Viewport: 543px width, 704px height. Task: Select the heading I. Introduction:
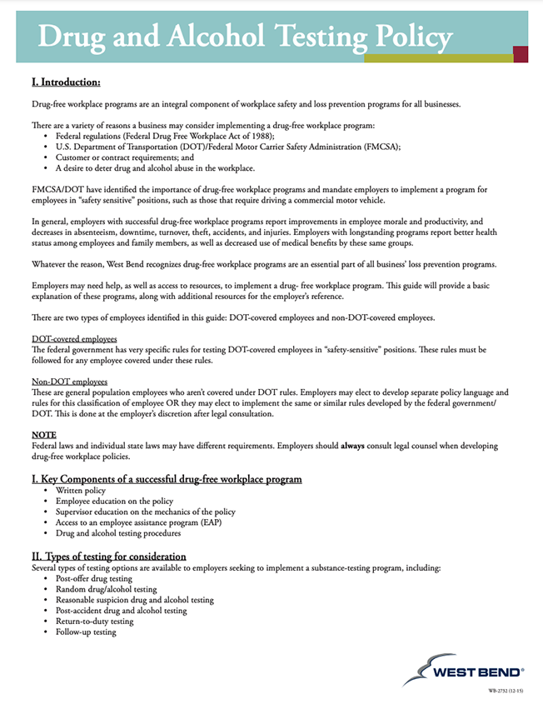[x=66, y=82]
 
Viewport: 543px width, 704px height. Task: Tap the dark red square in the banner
[x=521, y=54]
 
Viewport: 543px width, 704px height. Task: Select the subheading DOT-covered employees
[x=74, y=339]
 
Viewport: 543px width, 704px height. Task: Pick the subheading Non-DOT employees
[x=69, y=381]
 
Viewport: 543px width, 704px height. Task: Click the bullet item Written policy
[x=81, y=492]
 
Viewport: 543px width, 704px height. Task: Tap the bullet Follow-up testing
[x=86, y=632]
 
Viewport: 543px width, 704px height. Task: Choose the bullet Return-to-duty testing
[x=94, y=621]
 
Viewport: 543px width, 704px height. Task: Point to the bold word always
[x=353, y=446]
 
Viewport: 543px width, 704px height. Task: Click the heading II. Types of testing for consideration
[x=108, y=556]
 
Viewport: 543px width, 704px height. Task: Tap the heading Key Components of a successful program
[x=166, y=479]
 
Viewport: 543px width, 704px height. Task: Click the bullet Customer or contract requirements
[x=124, y=157]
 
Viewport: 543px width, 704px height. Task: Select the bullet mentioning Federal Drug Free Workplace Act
[x=165, y=135]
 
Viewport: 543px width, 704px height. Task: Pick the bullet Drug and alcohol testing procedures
[x=118, y=533]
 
